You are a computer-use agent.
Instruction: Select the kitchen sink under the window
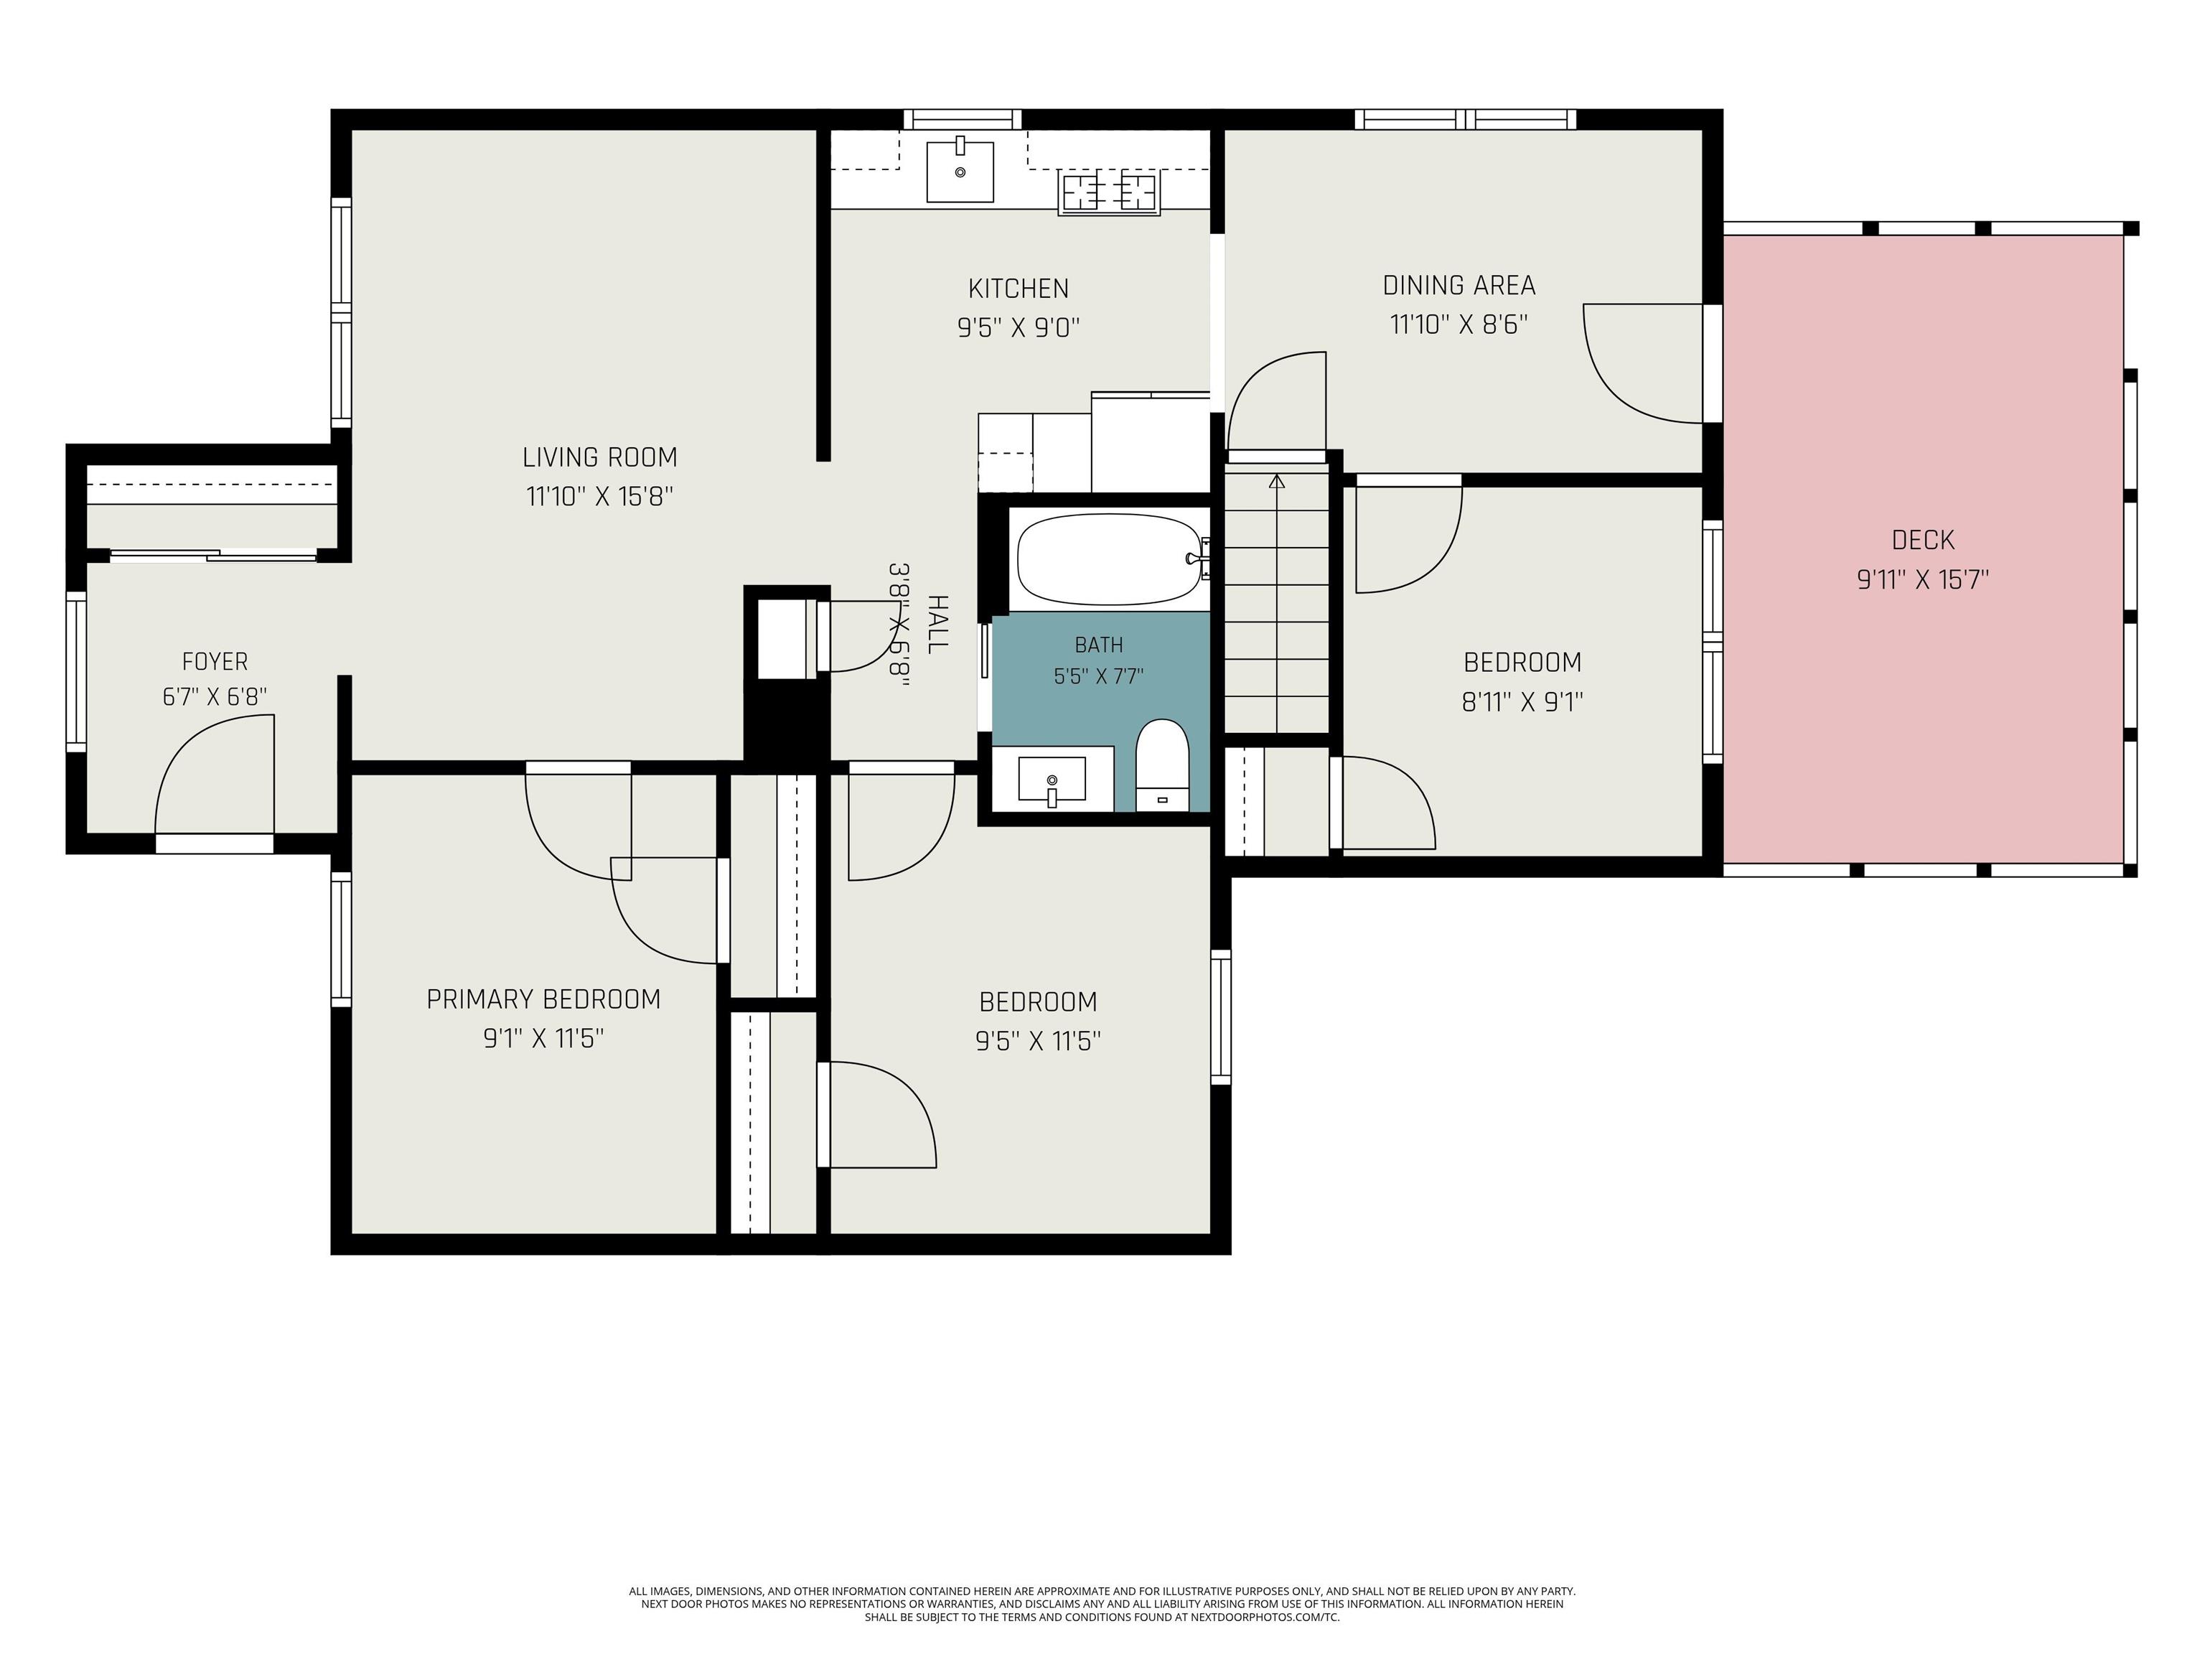(x=960, y=170)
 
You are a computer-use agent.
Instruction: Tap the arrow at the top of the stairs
(x=1277, y=482)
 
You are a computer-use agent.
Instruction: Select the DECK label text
(x=1923, y=541)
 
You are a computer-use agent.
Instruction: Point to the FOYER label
(x=215, y=661)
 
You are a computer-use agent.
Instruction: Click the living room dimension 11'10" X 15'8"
(x=600, y=497)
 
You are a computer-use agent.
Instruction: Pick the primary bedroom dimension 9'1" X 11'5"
(x=544, y=1039)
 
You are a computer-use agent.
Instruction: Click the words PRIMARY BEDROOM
(x=543, y=999)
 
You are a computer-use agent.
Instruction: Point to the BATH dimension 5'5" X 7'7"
(x=1098, y=677)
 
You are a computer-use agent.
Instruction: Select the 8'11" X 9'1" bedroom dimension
(x=1522, y=703)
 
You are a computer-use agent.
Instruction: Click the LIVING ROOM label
(x=600, y=457)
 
